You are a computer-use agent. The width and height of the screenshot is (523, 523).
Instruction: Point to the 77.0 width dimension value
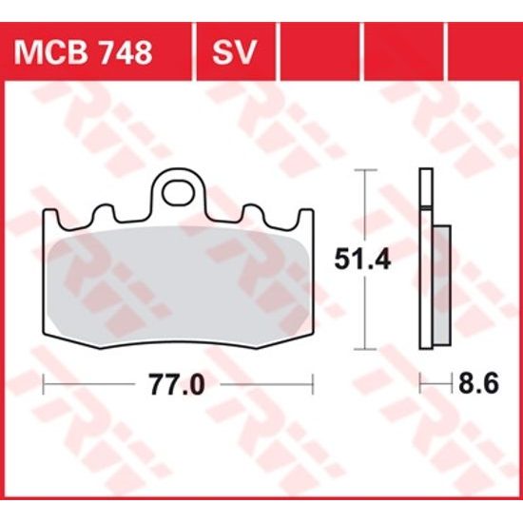[179, 385]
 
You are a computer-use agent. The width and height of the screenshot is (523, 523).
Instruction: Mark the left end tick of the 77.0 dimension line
[46, 384]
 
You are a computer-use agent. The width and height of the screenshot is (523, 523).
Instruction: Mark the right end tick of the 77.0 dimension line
[312, 384]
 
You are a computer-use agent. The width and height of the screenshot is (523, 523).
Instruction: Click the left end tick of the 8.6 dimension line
[421, 384]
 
